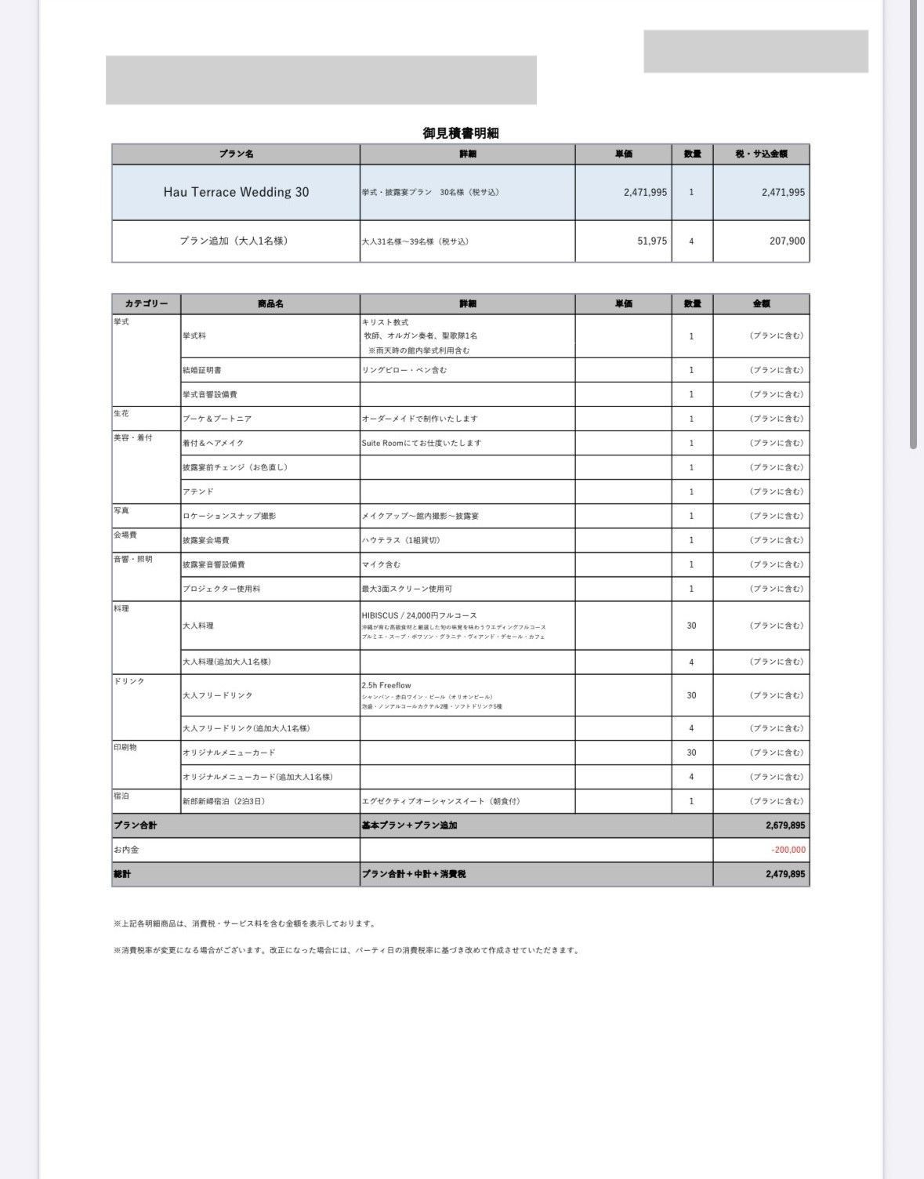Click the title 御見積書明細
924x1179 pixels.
(460, 133)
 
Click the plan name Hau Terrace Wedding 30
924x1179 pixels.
(236, 192)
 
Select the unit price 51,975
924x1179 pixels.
(652, 241)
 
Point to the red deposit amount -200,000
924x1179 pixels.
(788, 850)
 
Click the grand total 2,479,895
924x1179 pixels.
(785, 874)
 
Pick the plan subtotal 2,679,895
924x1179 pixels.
(785, 825)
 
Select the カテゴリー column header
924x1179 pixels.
(147, 304)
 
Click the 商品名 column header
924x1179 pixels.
(270, 304)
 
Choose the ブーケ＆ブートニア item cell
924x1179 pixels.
(217, 419)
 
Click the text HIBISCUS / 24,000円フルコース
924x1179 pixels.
(419, 615)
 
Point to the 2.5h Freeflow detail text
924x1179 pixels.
(386, 685)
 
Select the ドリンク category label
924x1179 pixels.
(129, 681)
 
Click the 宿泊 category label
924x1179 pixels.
(121, 796)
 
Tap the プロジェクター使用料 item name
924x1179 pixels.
(221, 589)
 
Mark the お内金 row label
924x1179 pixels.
(126, 850)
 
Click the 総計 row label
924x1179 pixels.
(122, 874)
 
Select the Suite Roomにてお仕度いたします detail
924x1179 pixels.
(421, 443)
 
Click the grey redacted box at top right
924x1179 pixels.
(756, 52)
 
